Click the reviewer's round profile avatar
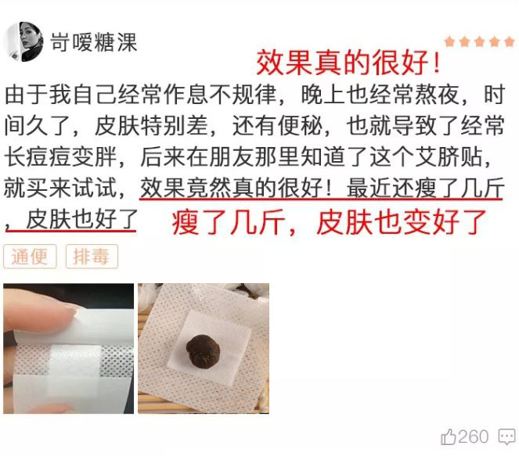coord(23,42)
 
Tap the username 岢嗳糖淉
coord(94,42)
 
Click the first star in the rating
coord(450,42)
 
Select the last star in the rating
coord(510,42)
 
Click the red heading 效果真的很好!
coord(348,63)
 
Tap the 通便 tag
coord(30,257)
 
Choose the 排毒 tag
coord(92,257)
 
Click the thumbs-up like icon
coord(449,436)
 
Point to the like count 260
coord(474,436)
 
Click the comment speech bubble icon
coord(506,436)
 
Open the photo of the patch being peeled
coord(69,349)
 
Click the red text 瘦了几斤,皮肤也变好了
coord(329,222)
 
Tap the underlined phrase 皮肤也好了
coord(81,219)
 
